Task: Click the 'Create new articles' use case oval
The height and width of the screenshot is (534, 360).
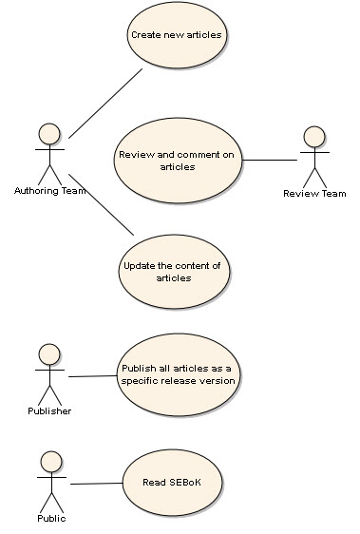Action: click(177, 35)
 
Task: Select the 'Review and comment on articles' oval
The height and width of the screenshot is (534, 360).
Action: click(178, 161)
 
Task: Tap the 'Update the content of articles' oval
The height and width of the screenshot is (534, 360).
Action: click(174, 272)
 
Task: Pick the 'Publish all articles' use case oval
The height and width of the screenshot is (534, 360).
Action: click(179, 374)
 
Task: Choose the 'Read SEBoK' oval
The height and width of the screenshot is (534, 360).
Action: click(172, 483)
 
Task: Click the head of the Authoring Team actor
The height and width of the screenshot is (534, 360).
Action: click(49, 134)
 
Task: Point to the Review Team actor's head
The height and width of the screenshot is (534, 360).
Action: click(314, 137)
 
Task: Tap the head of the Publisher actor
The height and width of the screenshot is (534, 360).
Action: click(49, 354)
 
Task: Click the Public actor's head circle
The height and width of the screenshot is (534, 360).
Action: click(51, 462)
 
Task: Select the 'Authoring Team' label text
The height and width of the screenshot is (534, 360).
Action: click(49, 191)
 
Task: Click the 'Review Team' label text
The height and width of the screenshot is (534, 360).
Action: click(314, 194)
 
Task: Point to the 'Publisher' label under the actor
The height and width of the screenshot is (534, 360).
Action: click(49, 411)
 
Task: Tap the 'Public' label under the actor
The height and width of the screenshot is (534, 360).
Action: click(51, 519)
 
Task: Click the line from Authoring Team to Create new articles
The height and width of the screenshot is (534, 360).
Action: click(105, 104)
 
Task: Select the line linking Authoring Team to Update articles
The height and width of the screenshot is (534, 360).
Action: click(101, 204)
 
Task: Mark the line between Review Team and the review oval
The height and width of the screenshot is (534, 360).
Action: click(270, 160)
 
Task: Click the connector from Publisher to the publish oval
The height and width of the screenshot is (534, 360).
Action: click(93, 376)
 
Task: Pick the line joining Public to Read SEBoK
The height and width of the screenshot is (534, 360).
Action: click(96, 484)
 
